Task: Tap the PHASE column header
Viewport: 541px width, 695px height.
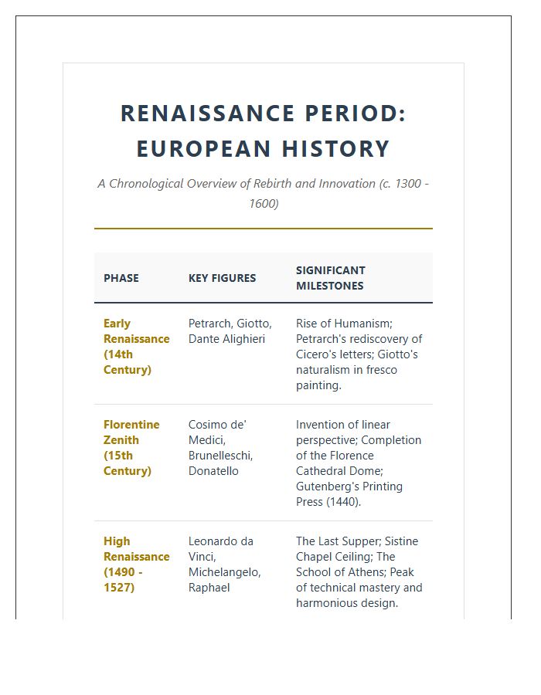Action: tap(121, 278)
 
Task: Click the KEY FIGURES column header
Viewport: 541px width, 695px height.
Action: tap(222, 278)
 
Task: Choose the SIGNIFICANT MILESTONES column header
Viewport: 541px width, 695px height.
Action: tap(331, 278)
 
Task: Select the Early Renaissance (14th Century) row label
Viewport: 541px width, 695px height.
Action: tap(136, 347)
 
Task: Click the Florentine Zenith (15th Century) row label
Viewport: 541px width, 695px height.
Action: tap(131, 448)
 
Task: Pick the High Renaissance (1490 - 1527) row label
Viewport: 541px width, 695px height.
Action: tap(136, 564)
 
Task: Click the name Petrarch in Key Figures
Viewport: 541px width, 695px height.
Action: tap(209, 324)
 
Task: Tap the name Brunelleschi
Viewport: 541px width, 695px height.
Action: tap(220, 456)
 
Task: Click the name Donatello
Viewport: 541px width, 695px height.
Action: tap(213, 471)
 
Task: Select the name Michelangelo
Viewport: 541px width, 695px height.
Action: tap(224, 572)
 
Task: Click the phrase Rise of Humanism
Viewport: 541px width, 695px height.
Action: tap(343, 324)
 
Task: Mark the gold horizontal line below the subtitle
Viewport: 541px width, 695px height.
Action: tap(263, 229)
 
